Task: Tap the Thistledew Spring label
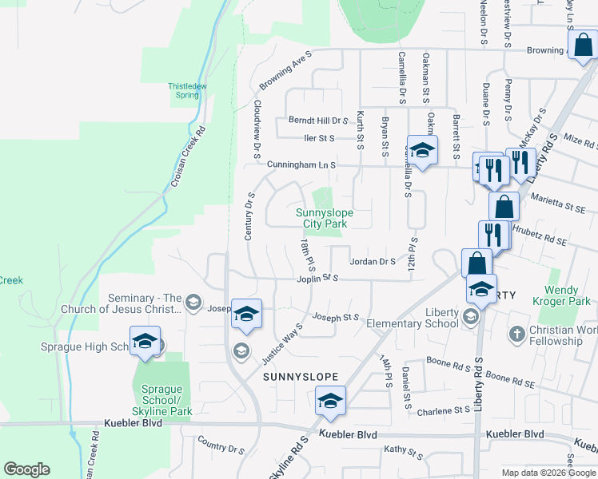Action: [x=187, y=89]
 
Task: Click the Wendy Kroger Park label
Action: [x=568, y=295]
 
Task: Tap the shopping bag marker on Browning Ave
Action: [x=583, y=48]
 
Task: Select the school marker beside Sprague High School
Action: [x=145, y=342]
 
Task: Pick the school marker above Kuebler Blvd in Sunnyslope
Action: [x=329, y=402]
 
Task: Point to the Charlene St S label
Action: [x=443, y=410]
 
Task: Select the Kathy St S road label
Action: [x=403, y=453]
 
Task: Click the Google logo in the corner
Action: [x=26, y=469]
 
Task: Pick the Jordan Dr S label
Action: [x=373, y=261]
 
